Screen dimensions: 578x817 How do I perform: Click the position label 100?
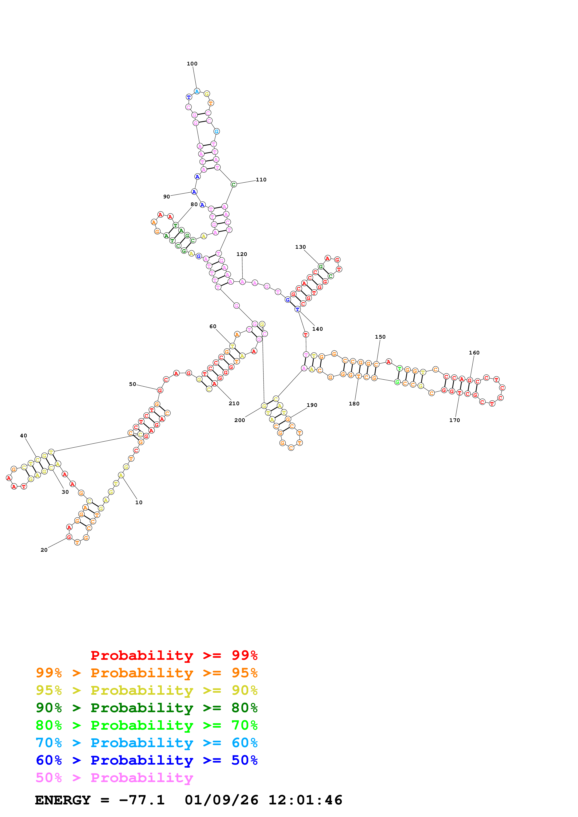(x=192, y=64)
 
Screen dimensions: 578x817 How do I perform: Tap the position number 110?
(x=261, y=180)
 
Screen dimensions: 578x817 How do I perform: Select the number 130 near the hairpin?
(x=300, y=247)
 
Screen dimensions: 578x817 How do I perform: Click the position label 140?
(x=317, y=329)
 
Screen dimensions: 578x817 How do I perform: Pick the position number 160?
(x=474, y=353)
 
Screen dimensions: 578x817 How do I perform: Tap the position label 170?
(x=454, y=420)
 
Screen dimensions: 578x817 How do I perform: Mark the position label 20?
(x=44, y=550)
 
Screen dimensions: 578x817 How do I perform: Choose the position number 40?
(x=24, y=436)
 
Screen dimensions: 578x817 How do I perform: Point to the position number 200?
(x=240, y=420)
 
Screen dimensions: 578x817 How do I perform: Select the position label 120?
(x=242, y=254)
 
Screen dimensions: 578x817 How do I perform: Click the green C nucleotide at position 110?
(x=234, y=184)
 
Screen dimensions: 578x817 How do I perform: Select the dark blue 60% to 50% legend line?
(x=146, y=760)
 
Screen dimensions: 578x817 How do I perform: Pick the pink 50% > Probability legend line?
(x=114, y=778)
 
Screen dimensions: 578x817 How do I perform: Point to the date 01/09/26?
(x=221, y=800)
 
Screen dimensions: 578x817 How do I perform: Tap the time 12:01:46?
(x=305, y=800)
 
